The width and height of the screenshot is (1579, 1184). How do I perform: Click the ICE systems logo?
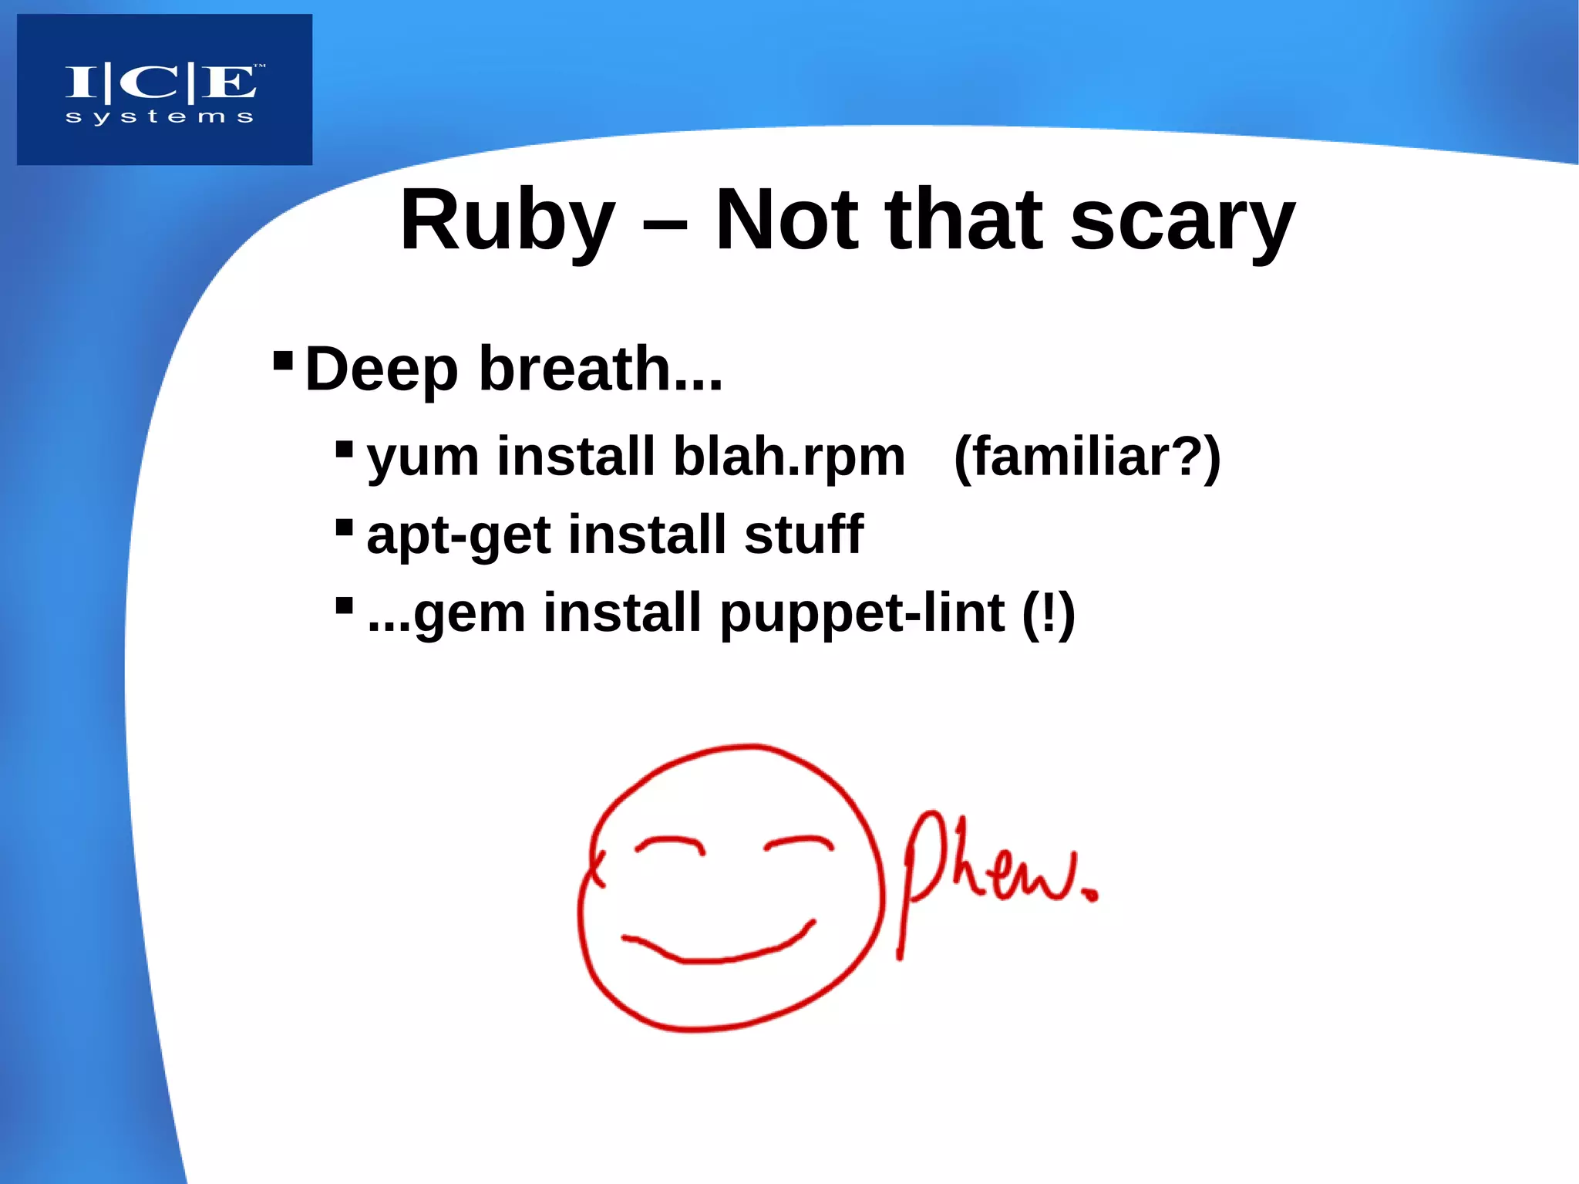(164, 89)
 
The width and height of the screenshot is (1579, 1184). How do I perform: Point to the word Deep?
(382, 369)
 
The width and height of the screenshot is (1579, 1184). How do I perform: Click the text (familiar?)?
(1087, 458)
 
